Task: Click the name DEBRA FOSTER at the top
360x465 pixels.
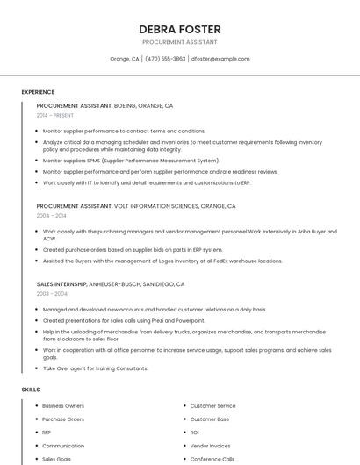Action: [179, 29]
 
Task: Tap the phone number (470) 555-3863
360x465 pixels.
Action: [166, 59]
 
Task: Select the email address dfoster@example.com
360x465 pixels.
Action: [220, 59]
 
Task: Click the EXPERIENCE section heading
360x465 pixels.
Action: [38, 92]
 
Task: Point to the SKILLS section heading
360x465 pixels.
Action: [31, 389]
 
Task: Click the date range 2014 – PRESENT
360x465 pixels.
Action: [55, 115]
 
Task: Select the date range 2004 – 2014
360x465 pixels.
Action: [51, 215]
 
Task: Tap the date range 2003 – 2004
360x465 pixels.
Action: [51, 294]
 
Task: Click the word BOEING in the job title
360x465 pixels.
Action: [126, 105]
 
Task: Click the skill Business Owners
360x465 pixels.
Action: [63, 406]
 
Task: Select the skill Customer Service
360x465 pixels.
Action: [213, 406]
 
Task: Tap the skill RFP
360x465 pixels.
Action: [47, 433]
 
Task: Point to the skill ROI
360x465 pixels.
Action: [195, 433]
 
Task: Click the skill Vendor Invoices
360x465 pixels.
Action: [211, 446]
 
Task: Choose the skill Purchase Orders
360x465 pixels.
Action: [63, 419]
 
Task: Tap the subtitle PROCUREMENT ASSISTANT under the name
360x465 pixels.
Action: [179, 42]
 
